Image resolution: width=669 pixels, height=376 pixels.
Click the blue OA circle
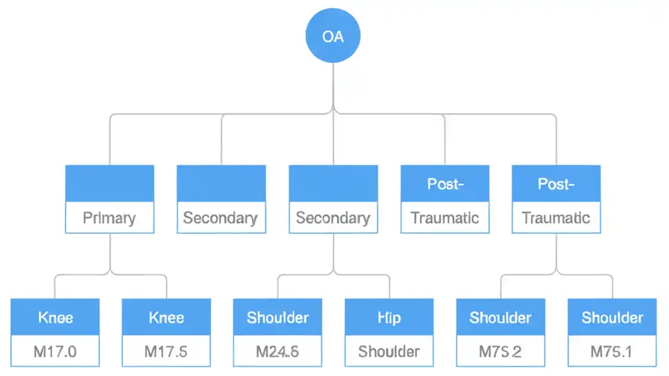pos(333,36)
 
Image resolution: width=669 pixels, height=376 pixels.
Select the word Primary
pos(109,218)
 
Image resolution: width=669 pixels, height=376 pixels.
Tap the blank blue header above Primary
pos(109,183)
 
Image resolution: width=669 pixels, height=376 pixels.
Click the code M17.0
pos(55,351)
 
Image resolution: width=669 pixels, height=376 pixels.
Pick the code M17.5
pos(166,351)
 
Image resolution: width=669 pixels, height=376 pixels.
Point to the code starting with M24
pos(278,351)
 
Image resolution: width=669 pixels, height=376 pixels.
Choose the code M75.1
pos(612,351)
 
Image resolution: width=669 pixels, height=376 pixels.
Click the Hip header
pos(389,318)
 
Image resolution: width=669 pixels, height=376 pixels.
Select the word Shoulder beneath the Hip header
pos(389,351)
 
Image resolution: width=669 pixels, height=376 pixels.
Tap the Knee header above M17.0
pos(55,318)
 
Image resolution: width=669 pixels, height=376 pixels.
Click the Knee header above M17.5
pos(166,318)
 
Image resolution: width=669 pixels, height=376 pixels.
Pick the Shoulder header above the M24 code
pos(278,318)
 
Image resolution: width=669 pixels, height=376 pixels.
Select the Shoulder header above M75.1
pos(612,318)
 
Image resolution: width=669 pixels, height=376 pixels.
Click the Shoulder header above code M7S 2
pos(500,318)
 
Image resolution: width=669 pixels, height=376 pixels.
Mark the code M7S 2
pos(500,351)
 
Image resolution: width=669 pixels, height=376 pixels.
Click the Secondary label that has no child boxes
pos(221,218)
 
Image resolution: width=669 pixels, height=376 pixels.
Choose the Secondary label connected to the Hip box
pos(333,218)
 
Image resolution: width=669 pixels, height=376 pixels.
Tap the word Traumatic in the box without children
pos(445,218)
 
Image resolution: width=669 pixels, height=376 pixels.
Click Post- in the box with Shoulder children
pos(556,184)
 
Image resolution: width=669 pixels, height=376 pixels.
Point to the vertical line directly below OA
pos(333,84)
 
